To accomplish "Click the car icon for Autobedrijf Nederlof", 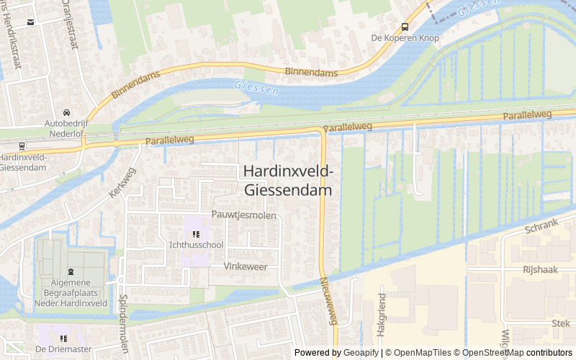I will (x=66, y=112).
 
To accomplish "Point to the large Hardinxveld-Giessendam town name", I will (x=288, y=181).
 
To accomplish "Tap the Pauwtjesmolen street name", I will (x=244, y=215).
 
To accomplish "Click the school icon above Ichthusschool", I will (x=196, y=233).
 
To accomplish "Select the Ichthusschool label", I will (x=196, y=245).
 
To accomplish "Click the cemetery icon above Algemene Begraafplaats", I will (x=71, y=272).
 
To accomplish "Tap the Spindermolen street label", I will (x=122, y=313).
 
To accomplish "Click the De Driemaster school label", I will (x=63, y=349).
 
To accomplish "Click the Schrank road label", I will (x=541, y=226).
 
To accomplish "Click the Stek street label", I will (x=560, y=324).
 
